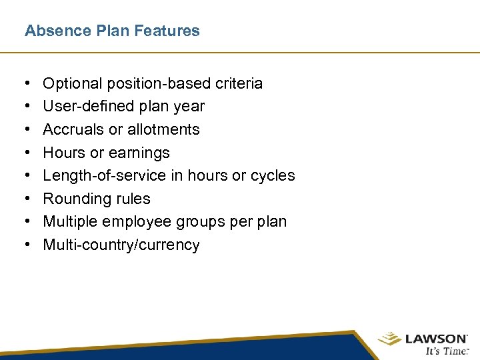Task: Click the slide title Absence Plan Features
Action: [x=112, y=31]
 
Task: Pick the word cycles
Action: [x=272, y=175]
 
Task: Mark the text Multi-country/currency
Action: [x=121, y=245]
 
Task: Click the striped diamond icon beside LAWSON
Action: [x=389, y=339]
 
